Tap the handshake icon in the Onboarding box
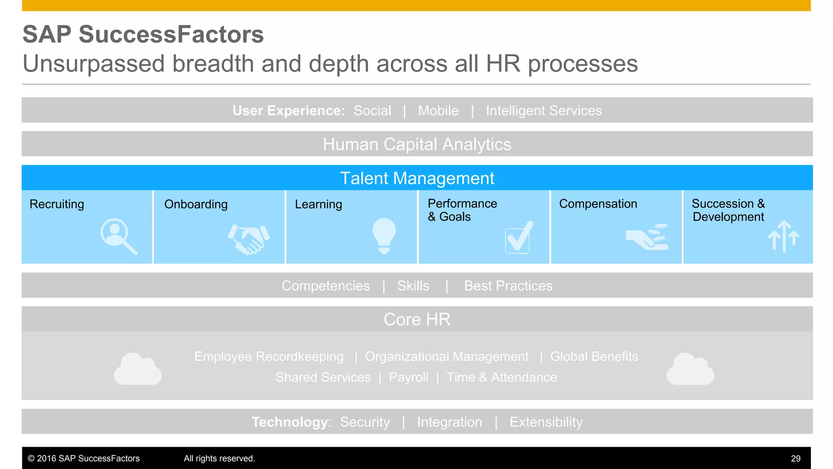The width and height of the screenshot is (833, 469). point(249,239)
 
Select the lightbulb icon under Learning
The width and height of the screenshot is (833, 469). point(384,235)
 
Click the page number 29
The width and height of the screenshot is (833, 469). point(796,458)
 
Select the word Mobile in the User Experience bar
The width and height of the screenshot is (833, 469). point(438,111)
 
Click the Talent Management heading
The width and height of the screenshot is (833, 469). point(417,178)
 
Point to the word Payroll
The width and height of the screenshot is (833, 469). point(408,377)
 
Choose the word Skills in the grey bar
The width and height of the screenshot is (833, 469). point(413,286)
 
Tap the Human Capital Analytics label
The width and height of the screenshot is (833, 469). point(417,145)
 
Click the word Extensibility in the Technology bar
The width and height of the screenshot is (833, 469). point(546,422)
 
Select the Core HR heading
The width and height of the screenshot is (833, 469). point(417,320)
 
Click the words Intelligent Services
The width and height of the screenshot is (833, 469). point(543,111)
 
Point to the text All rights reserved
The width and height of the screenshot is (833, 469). point(219,458)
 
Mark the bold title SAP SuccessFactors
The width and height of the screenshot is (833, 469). point(143,34)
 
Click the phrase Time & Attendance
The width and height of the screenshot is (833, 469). point(502,377)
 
